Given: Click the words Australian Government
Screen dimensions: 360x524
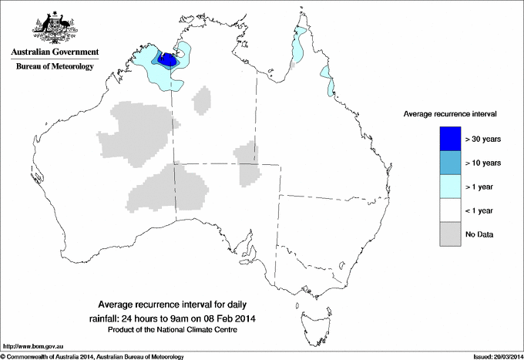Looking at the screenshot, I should (x=55, y=52).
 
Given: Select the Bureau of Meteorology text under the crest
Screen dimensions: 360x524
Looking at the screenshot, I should (x=55, y=67).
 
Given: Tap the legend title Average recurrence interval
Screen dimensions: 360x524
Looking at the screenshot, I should (x=449, y=113).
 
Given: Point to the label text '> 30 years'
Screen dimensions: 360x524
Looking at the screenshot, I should (x=483, y=139).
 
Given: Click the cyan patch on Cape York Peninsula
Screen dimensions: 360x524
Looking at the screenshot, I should (x=298, y=49).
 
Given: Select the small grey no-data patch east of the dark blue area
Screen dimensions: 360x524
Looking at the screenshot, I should (x=203, y=99).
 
